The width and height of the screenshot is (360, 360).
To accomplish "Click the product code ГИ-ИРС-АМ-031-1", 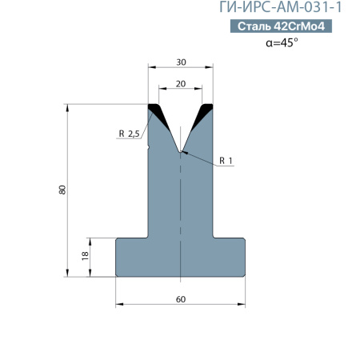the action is point(280,7).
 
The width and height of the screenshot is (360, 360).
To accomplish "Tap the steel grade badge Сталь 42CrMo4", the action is point(281,26).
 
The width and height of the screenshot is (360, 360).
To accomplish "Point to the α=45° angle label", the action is point(282,42).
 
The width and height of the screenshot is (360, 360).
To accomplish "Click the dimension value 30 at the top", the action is point(181,62).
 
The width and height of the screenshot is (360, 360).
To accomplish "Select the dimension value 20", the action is point(181,84).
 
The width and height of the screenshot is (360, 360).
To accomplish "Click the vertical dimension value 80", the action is point(62,190).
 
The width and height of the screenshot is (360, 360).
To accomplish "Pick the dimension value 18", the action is point(85,256).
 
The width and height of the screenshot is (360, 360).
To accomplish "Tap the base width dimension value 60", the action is point(181,299).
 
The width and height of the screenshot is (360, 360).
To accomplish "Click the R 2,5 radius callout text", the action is point(129,134).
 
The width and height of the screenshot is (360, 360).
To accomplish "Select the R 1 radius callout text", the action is point(226,161).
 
